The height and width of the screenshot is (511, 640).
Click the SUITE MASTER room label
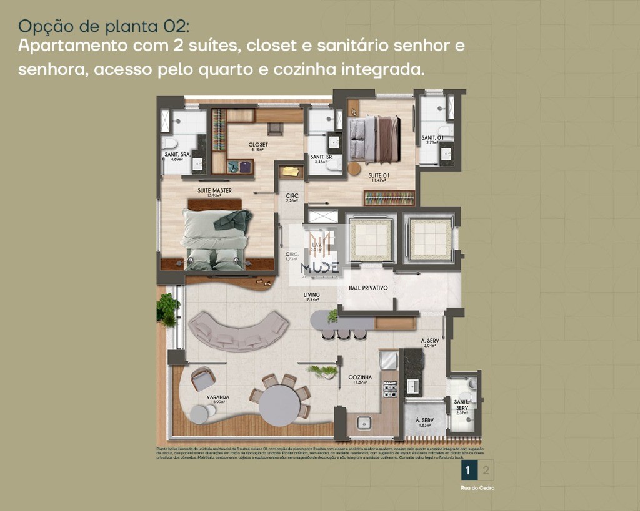214,190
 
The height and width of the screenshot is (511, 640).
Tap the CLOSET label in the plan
258,145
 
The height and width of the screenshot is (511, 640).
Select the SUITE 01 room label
379,176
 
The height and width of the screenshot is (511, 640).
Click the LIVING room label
311,294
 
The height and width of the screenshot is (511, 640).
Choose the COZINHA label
360,377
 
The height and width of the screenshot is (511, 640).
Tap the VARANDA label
219,397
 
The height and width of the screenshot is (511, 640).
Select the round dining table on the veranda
279,405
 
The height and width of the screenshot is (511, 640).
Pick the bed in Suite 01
373,139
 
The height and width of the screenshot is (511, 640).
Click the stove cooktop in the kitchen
389,389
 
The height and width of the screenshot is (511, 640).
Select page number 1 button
469,470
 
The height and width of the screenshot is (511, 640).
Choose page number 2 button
486,470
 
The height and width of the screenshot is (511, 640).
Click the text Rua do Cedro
477,488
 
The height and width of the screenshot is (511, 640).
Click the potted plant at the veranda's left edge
167,309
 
